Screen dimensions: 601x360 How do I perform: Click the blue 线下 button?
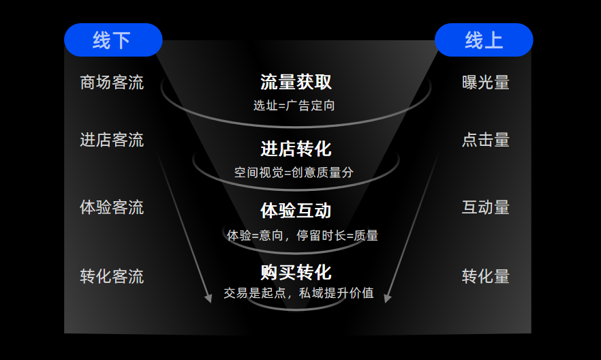click(113, 40)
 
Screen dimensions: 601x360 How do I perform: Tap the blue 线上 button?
click(484, 40)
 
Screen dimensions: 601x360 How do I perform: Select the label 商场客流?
click(112, 82)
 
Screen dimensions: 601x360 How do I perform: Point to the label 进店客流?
click(112, 140)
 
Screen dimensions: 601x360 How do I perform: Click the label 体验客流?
click(112, 207)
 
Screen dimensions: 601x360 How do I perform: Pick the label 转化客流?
click(112, 276)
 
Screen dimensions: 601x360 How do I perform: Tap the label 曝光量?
click(486, 82)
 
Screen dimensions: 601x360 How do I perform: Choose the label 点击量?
click(486, 140)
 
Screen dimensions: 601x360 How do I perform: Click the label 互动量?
click(486, 207)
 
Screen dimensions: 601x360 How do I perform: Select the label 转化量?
click(486, 276)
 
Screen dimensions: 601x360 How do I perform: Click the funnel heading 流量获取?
click(296, 82)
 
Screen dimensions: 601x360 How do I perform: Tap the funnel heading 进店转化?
click(296, 149)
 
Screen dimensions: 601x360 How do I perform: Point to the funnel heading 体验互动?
click(296, 211)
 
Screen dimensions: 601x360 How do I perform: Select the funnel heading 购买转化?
click(296, 273)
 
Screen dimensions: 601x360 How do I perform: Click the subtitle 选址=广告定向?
click(294, 106)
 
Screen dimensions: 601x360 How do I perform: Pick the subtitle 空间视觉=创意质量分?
click(294, 172)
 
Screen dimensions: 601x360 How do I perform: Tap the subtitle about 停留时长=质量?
click(303, 235)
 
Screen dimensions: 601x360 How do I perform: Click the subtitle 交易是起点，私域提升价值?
click(298, 293)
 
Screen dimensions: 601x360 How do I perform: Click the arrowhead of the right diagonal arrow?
click(388, 298)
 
